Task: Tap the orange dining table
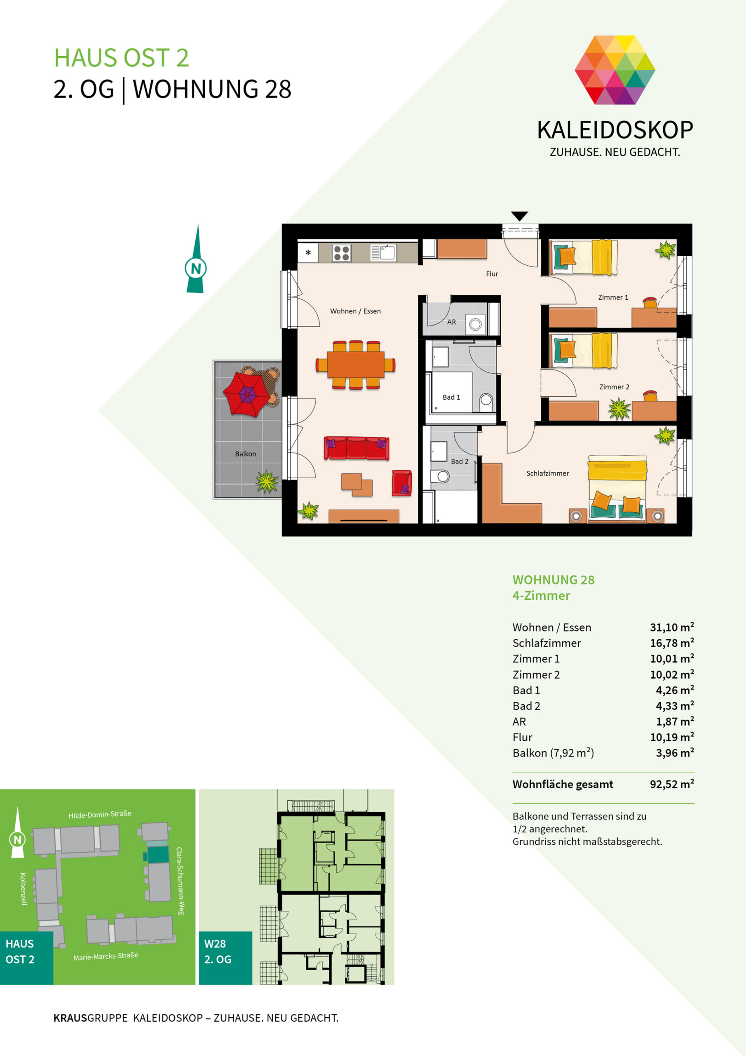tap(355, 364)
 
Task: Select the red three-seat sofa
tap(356, 448)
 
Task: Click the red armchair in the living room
tap(402, 483)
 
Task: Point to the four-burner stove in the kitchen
tap(341, 253)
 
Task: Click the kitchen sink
tap(383, 252)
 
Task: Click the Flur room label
tap(492, 273)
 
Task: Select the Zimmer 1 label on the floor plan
tap(613, 297)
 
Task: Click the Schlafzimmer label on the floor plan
tap(547, 473)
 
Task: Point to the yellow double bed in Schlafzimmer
tap(617, 488)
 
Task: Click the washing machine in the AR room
tap(475, 324)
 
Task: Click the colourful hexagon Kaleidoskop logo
tap(615, 70)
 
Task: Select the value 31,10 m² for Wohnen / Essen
tap(671, 627)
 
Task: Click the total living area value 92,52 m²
tap(671, 784)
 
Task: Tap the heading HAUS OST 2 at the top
tap(121, 58)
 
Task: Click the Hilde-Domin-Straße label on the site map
tap(100, 815)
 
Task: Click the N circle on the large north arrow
tap(196, 268)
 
